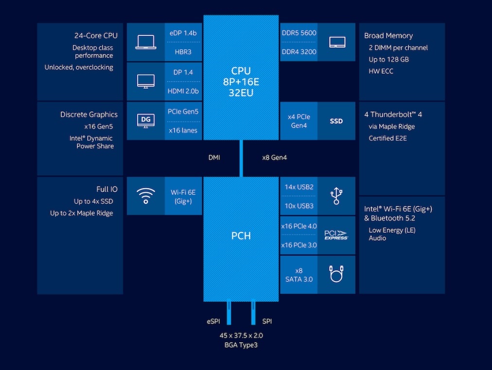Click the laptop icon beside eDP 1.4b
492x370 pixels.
(x=145, y=42)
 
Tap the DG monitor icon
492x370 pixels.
(x=145, y=120)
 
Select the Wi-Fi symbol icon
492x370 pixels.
(x=145, y=196)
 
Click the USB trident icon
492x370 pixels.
(x=336, y=196)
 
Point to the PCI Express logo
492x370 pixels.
(x=336, y=235)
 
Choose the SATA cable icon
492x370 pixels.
(x=336, y=274)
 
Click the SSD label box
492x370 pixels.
(x=336, y=121)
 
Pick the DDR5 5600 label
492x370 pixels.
(x=299, y=33)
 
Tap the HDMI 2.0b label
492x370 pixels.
(x=183, y=91)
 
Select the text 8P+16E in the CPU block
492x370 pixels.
(x=241, y=82)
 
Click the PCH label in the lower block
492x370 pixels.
(x=241, y=236)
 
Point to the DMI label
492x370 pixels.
(x=214, y=158)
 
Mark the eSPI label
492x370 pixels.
(x=214, y=322)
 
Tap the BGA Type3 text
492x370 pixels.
(x=241, y=345)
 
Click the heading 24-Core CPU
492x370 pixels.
(x=96, y=36)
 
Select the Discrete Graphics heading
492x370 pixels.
(x=89, y=114)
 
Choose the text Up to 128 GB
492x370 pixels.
(x=388, y=59)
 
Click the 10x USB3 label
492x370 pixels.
(x=299, y=206)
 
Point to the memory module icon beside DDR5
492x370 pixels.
(x=337, y=42)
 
